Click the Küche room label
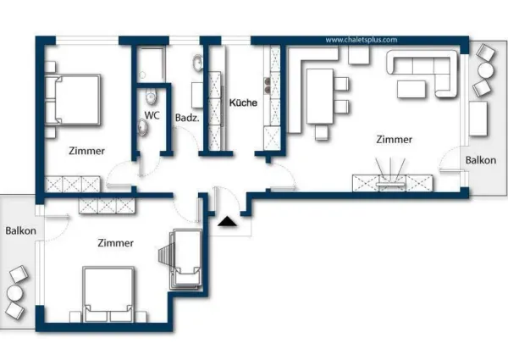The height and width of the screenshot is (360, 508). (x=244, y=102)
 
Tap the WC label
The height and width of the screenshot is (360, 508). (x=152, y=114)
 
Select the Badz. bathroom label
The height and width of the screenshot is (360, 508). (x=187, y=118)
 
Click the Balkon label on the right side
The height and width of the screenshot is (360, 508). (x=479, y=160)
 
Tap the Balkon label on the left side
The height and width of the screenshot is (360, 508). (x=19, y=230)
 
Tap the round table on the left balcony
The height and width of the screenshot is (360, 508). (x=14, y=296)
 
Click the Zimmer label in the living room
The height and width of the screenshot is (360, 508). (x=395, y=140)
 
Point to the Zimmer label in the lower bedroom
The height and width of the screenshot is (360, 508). (x=115, y=243)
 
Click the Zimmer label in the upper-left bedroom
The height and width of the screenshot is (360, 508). (x=86, y=152)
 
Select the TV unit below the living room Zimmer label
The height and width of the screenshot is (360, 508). (x=394, y=181)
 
